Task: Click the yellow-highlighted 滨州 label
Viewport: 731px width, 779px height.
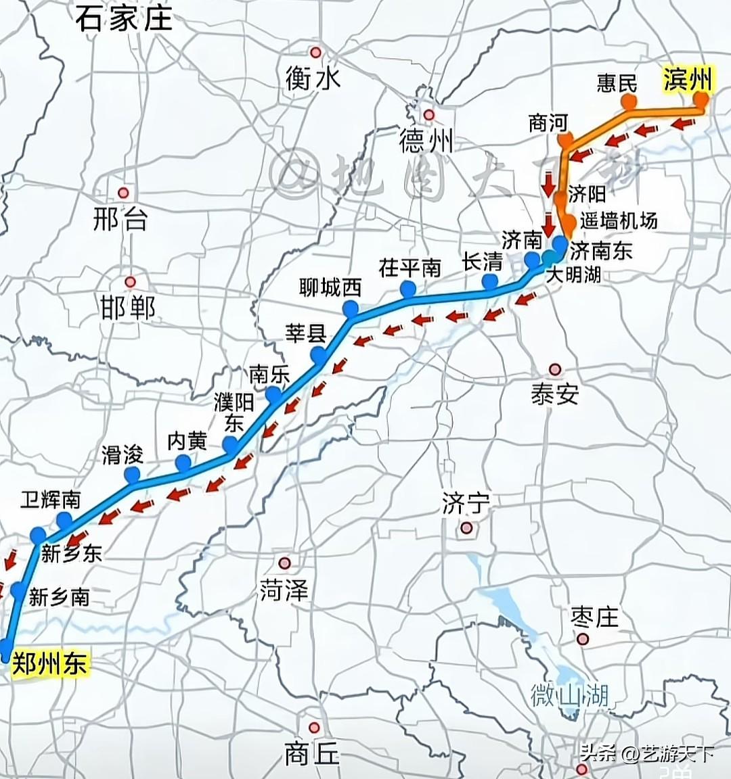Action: (x=686, y=79)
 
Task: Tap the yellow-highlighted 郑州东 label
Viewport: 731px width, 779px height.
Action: (x=49, y=663)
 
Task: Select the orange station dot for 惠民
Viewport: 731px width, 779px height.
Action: (x=629, y=102)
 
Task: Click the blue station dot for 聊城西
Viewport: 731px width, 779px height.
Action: (x=351, y=309)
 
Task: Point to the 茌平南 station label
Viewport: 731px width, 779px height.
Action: (x=410, y=268)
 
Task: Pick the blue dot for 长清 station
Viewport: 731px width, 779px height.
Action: (x=490, y=281)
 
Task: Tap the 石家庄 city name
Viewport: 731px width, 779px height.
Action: (x=124, y=18)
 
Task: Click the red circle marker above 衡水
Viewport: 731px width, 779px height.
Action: (x=315, y=52)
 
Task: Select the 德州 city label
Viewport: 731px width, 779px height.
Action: (x=426, y=141)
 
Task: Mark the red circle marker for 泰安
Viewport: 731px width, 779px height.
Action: (x=555, y=369)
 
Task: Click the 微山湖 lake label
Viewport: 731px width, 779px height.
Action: (x=569, y=694)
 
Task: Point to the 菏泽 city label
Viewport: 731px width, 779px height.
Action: (x=284, y=590)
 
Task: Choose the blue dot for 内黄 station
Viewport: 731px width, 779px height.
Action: (x=183, y=463)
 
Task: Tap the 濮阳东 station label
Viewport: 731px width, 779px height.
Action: (x=234, y=413)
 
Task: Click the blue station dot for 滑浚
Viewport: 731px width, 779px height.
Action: (x=131, y=475)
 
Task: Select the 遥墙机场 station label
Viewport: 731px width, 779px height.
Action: (x=618, y=220)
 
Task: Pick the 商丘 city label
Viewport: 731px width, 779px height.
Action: (x=311, y=753)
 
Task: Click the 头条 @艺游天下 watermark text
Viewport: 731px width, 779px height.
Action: (x=646, y=753)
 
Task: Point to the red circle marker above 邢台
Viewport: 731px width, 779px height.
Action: (x=123, y=193)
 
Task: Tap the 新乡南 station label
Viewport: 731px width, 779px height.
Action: (x=59, y=596)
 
